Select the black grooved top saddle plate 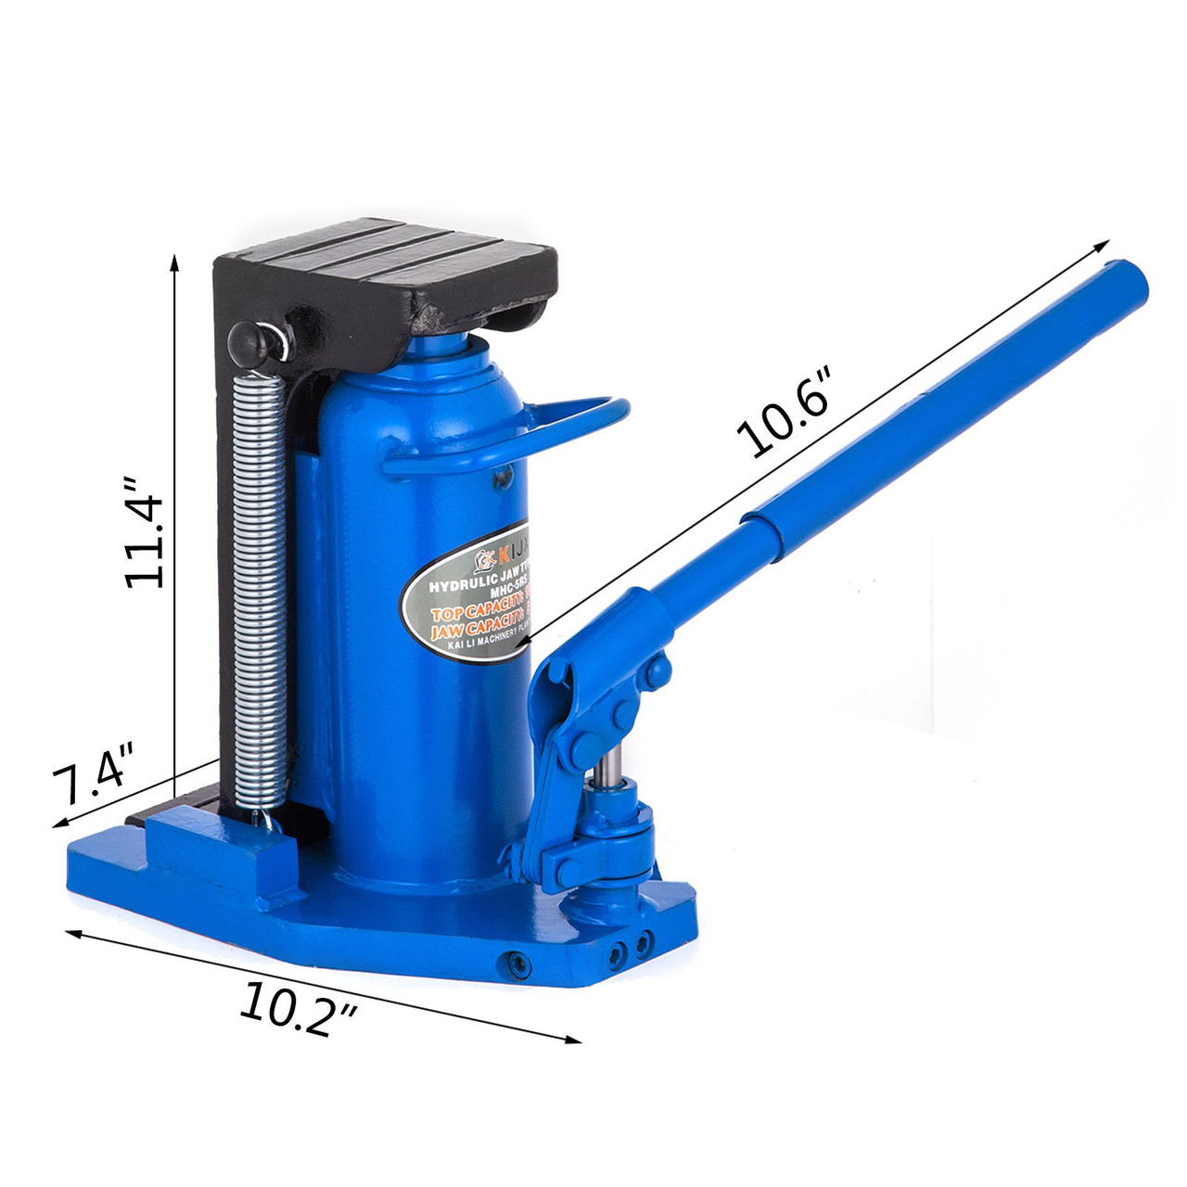pos(389,264)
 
